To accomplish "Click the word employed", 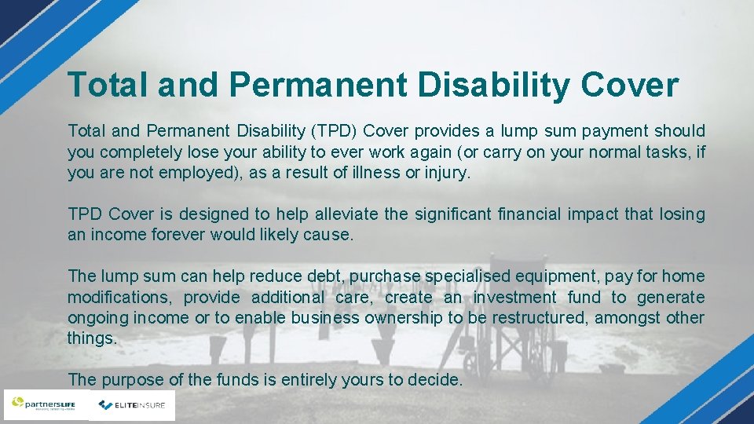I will point(199,173).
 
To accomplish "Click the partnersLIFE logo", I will point(46,405).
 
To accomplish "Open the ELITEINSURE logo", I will point(132,405).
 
